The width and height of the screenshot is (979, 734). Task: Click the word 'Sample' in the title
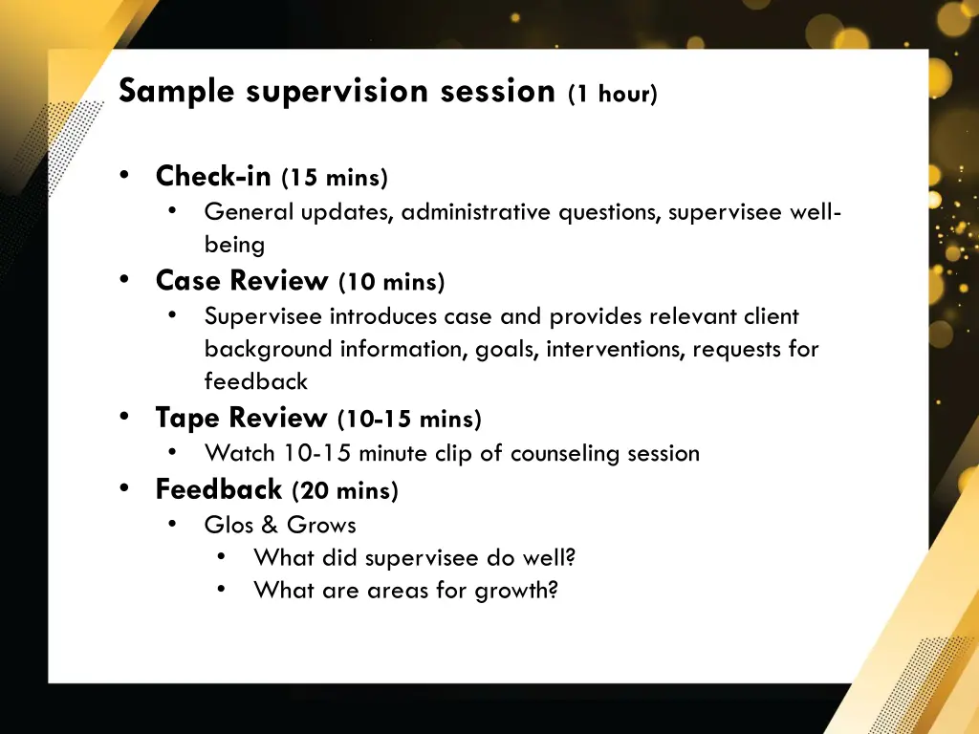coord(177,92)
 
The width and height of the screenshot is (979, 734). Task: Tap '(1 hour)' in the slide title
coord(612,95)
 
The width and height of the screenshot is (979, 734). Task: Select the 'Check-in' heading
coord(213,177)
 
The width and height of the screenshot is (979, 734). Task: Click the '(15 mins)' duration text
coord(335,179)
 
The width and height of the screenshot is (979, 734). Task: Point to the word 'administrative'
coord(477,212)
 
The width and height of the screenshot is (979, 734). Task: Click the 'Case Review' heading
coord(242,281)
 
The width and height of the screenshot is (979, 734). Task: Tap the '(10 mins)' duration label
coord(391,283)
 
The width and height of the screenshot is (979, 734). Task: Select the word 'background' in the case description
coord(268,349)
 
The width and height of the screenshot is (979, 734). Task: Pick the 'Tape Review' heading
coord(241,419)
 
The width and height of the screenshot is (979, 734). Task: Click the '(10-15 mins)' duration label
coord(409,420)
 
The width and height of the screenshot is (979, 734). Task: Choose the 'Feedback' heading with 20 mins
coord(219,489)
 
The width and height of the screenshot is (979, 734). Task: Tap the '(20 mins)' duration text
coord(345,491)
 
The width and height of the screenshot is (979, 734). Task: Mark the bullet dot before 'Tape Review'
coord(125,418)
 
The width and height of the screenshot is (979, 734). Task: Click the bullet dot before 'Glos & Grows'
coord(172,524)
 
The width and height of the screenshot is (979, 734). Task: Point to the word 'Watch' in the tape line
coord(239,453)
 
